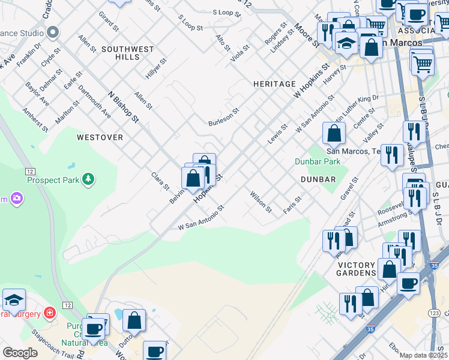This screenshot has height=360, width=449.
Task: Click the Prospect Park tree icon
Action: pyautogui.click(x=88, y=179)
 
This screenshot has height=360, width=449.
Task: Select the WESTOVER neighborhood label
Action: pyautogui.click(x=100, y=137)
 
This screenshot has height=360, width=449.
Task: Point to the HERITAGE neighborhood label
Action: pyautogui.click(x=274, y=84)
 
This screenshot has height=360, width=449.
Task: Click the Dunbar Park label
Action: pyautogui.click(x=318, y=161)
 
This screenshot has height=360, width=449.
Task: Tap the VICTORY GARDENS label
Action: pyautogui.click(x=356, y=269)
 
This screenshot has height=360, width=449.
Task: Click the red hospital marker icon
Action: pyautogui.click(x=49, y=313)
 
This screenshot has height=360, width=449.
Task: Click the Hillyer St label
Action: pyautogui.click(x=155, y=69)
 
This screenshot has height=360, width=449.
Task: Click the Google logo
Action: pyautogui.click(x=20, y=353)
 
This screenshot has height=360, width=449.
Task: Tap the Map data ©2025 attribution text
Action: pyautogui.click(x=424, y=355)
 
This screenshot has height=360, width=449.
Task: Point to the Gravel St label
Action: pyautogui.click(x=349, y=188)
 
